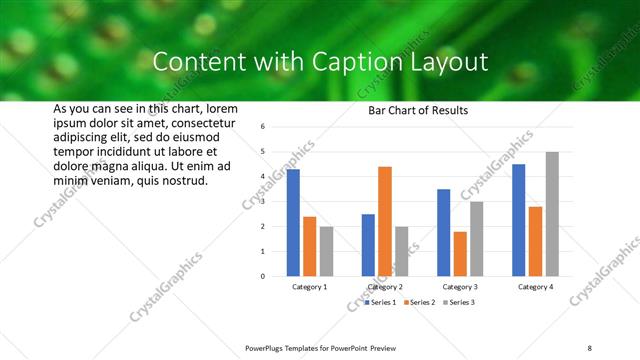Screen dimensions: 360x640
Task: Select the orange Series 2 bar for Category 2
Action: [x=385, y=221]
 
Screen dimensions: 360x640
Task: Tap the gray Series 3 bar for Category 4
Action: [x=552, y=214]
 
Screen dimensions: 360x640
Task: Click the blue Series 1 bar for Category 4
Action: [x=518, y=220]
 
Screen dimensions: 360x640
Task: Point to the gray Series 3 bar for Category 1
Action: [x=326, y=251]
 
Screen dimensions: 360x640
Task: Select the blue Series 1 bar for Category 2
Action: [x=368, y=245]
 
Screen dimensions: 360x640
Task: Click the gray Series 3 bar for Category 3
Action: [x=477, y=239]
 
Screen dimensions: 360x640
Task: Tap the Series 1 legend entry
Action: [x=381, y=301]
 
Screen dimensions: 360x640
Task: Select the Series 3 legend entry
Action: [x=458, y=301]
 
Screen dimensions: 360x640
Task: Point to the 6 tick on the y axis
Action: [x=261, y=127]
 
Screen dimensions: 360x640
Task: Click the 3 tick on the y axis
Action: [x=261, y=202]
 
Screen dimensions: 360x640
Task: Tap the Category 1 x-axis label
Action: [x=309, y=287]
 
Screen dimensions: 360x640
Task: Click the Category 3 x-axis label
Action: [x=460, y=287]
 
